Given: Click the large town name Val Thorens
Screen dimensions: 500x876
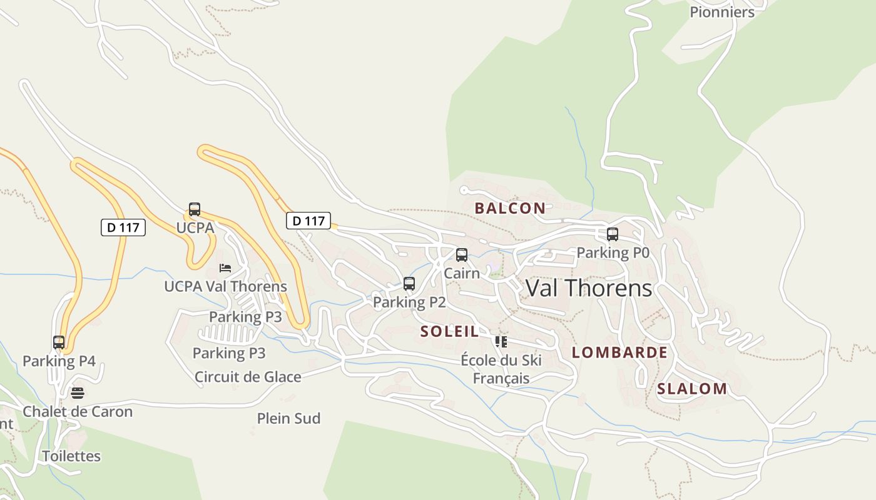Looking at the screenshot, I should (x=589, y=288).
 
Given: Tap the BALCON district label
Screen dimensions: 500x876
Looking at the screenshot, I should (x=510, y=208).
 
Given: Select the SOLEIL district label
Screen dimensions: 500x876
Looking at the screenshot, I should (x=449, y=331).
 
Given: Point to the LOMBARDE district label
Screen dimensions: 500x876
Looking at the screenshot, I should (x=619, y=352).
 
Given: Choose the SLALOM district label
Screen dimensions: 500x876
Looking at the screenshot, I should (x=692, y=389).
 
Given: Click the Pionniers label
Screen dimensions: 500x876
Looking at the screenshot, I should (x=722, y=12).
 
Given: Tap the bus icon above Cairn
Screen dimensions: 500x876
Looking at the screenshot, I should (x=462, y=255).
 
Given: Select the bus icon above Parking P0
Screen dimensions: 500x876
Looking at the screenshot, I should (x=613, y=234).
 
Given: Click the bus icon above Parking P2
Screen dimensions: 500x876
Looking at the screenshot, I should (x=409, y=284).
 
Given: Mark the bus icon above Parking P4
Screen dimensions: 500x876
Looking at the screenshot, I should (x=59, y=342).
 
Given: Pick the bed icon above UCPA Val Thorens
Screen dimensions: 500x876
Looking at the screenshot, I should (x=225, y=268).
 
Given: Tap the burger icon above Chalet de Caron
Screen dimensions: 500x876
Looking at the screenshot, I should (x=78, y=393).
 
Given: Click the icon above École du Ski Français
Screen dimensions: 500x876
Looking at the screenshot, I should (x=501, y=341).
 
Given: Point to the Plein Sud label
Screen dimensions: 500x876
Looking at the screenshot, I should (x=288, y=418).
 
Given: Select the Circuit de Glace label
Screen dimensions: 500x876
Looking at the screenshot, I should (x=248, y=377).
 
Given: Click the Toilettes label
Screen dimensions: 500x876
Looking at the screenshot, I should (x=71, y=456).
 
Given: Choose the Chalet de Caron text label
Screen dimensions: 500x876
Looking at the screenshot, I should (x=78, y=411).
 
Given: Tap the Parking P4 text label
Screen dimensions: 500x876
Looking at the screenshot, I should (x=59, y=361).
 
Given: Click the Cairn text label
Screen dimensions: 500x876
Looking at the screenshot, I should (x=462, y=273).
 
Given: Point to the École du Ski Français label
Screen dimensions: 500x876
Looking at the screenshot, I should (x=501, y=369).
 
